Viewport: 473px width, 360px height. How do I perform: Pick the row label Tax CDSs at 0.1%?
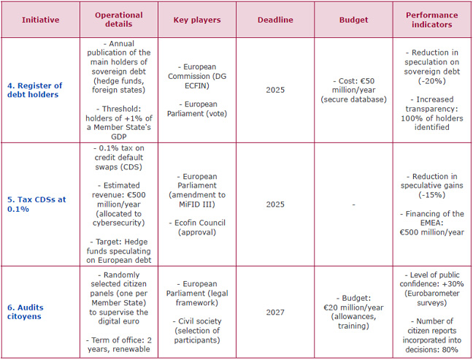pos(37,204)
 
